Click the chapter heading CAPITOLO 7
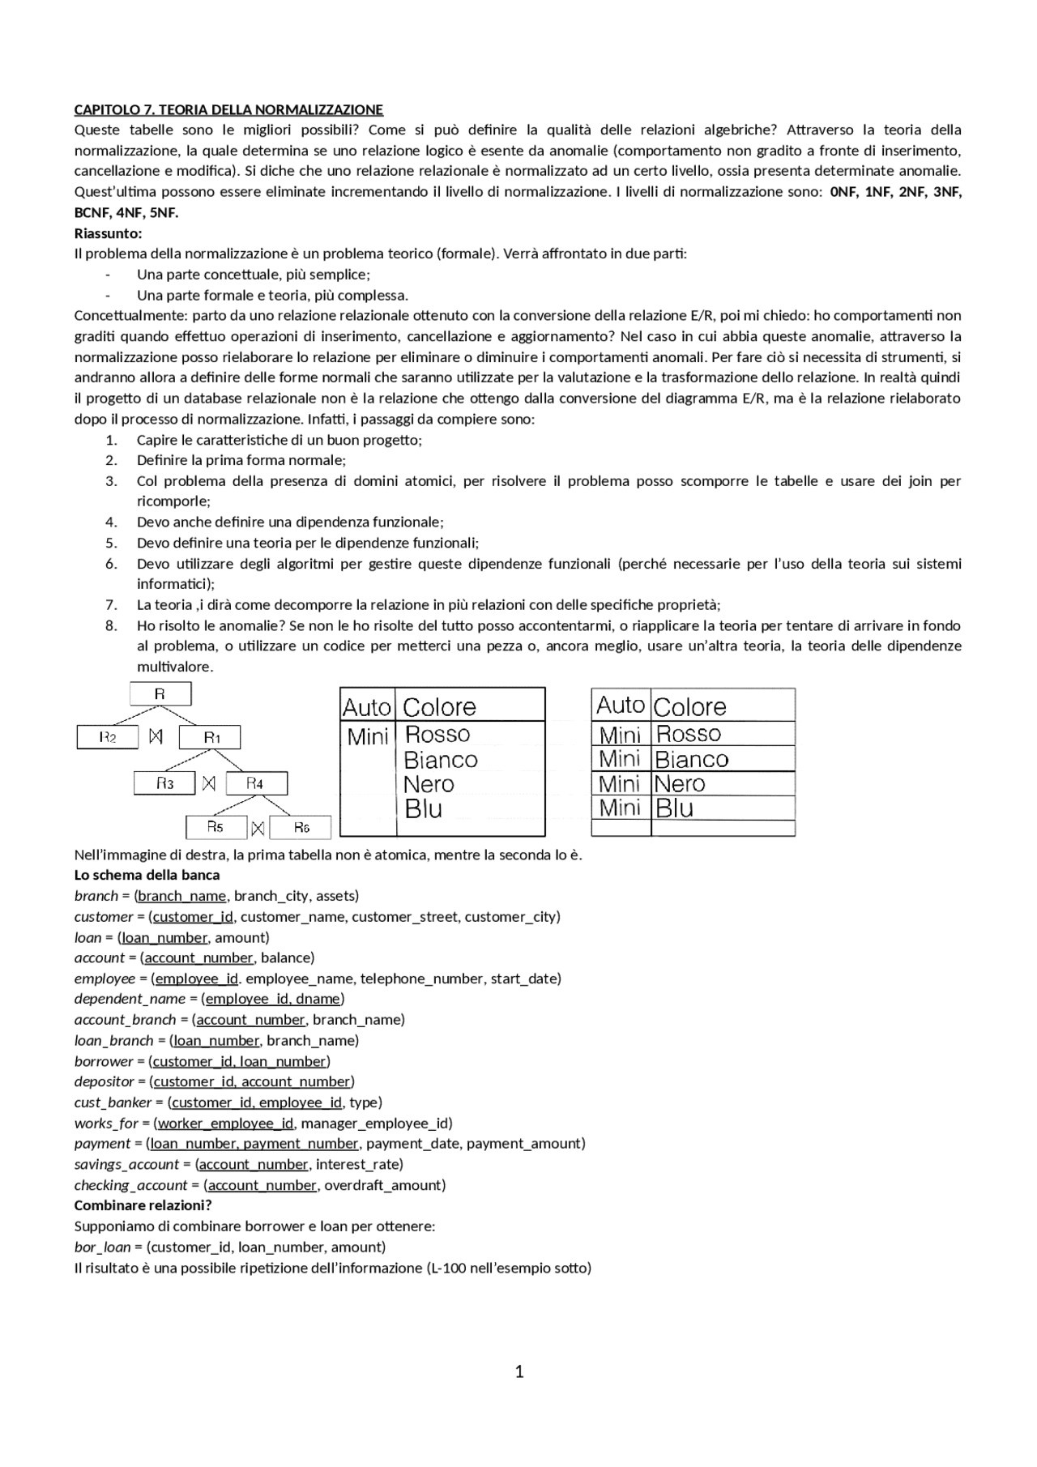coord(228,109)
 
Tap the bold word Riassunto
coord(108,233)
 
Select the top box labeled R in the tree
coord(160,694)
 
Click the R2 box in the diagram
coord(108,737)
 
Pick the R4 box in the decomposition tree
coord(256,783)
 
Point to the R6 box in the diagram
coord(301,827)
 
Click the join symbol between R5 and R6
coord(258,828)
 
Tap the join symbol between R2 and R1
coord(157,737)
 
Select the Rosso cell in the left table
coord(437,735)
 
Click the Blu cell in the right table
coord(674,808)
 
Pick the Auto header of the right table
coord(620,706)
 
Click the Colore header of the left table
coord(439,707)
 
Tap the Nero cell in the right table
coord(680,784)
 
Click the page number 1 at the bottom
coord(519,1371)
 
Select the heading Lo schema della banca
coord(147,875)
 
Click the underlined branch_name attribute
coord(182,896)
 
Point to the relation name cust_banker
coord(113,1102)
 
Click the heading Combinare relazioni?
coord(143,1205)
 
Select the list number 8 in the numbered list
coord(111,625)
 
